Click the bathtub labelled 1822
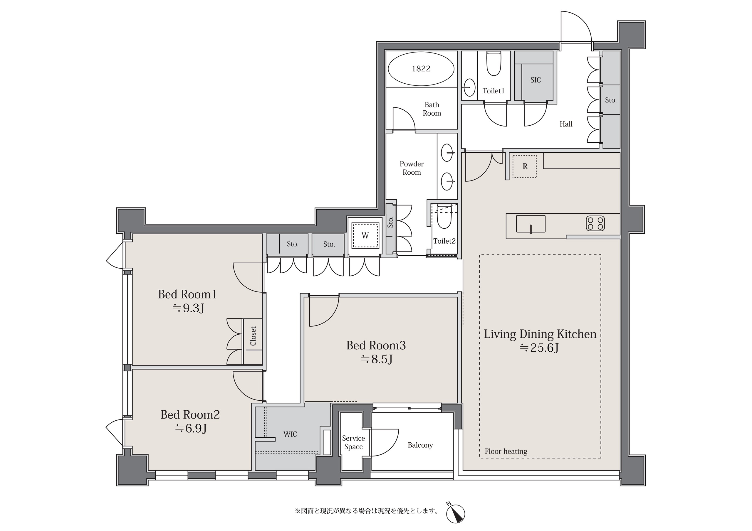pyautogui.click(x=421, y=69)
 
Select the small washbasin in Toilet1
pyautogui.click(x=470, y=87)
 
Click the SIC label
pyautogui.click(x=536, y=80)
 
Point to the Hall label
pyautogui.click(x=566, y=124)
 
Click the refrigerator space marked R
pyautogui.click(x=524, y=166)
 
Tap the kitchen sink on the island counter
pyautogui.click(x=531, y=224)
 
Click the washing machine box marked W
pyautogui.click(x=365, y=235)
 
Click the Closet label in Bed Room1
pyautogui.click(x=253, y=336)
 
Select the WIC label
pyautogui.click(x=290, y=434)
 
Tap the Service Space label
pyautogui.click(x=353, y=443)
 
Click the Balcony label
pyautogui.click(x=420, y=445)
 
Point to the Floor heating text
pyautogui.click(x=506, y=451)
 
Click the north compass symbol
pyautogui.click(x=456, y=513)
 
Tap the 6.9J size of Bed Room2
pyautogui.click(x=191, y=429)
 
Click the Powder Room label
pyautogui.click(x=412, y=168)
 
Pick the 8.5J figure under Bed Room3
pyautogui.click(x=377, y=360)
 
